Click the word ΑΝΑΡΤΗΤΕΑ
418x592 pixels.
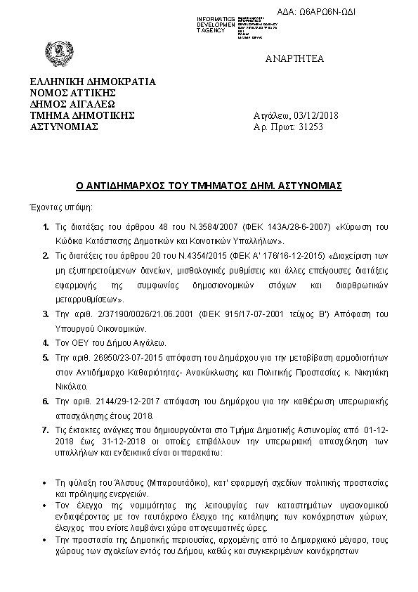pyautogui.click(x=295, y=58)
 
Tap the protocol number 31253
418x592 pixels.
pyautogui.click(x=311, y=127)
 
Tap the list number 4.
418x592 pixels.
pyautogui.click(x=46, y=343)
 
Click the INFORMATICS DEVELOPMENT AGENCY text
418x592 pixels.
pyautogui.click(x=215, y=24)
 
